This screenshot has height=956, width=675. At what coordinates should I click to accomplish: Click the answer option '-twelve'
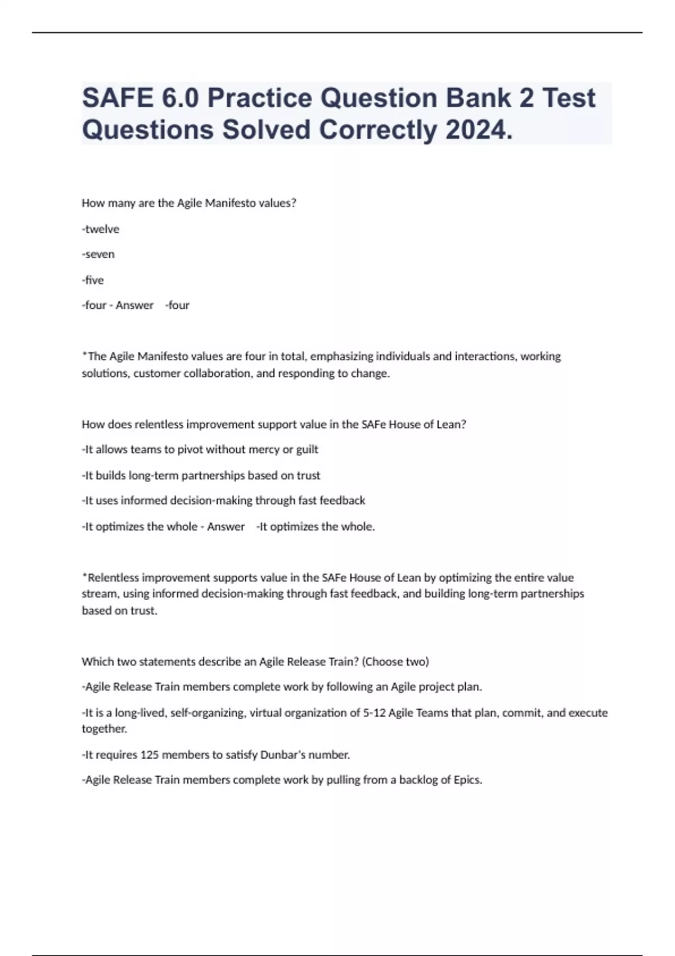101,229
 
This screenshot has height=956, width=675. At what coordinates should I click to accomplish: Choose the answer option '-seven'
98,254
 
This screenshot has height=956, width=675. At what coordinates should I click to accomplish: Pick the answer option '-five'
93,280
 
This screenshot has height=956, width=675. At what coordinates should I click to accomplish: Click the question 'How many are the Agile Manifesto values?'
189,203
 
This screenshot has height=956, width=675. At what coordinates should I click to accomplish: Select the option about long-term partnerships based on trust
201,475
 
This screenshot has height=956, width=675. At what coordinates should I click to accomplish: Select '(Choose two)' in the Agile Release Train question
395,661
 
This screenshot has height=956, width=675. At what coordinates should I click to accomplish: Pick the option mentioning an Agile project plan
282,687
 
